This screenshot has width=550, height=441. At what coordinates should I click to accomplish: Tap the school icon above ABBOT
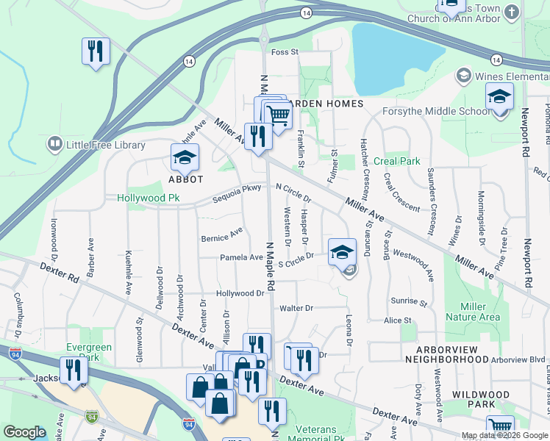pyautogui.click(x=185, y=157)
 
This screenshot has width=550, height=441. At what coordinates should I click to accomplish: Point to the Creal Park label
pyautogui.click(x=396, y=161)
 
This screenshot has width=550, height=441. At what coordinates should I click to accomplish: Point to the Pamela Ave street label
pyautogui.click(x=241, y=257)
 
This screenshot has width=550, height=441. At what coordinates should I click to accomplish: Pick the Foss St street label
pyautogui.click(x=285, y=52)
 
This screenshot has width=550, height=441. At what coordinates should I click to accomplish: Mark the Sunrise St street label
pyautogui.click(x=409, y=302)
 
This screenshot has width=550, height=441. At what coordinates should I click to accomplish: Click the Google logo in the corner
pyautogui.click(x=24, y=432)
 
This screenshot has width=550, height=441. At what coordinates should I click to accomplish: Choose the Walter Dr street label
pyautogui.click(x=296, y=308)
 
